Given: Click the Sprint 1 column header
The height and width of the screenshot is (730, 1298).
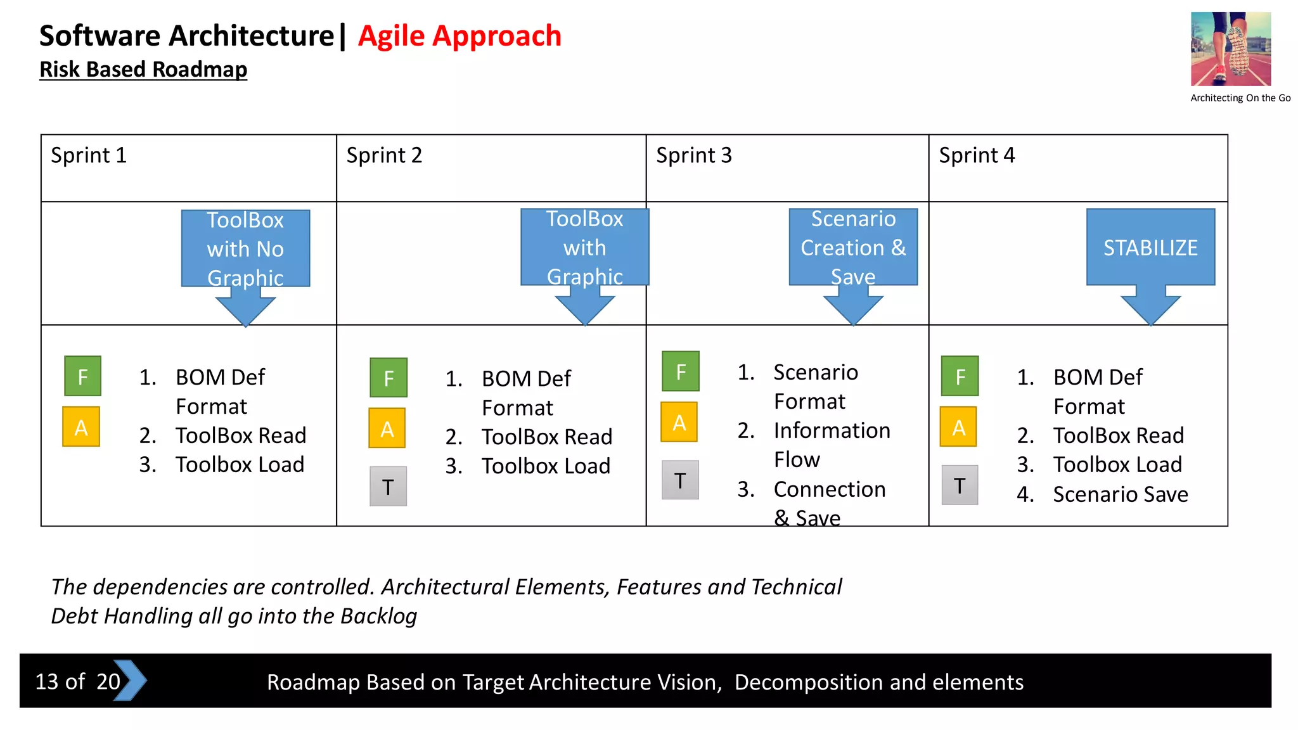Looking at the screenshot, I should click(89, 155).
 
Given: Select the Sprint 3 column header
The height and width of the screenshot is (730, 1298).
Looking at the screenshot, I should click(693, 155).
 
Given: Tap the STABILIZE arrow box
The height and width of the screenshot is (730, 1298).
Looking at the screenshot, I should click(1150, 248).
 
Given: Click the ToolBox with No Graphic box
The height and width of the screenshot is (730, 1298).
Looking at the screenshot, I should click(245, 248).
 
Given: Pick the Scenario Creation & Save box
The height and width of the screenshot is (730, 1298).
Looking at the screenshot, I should click(853, 247).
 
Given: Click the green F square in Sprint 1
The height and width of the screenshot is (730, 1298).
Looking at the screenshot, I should click(82, 376).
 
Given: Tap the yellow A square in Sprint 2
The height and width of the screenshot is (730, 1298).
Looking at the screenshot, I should click(387, 428).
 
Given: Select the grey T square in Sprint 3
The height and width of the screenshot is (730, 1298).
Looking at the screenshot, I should click(680, 480).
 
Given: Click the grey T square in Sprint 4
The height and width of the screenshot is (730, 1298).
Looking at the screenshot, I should click(960, 485).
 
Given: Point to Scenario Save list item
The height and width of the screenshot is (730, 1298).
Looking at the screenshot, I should click(1120, 494).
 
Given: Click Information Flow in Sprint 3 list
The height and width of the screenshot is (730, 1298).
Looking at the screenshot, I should click(831, 444).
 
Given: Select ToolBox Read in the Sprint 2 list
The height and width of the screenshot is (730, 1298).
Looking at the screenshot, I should click(546, 437).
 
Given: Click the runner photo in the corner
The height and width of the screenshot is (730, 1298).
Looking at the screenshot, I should click(1230, 49).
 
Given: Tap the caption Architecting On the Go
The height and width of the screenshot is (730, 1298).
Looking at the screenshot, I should click(1240, 98).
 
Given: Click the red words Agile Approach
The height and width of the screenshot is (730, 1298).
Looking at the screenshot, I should click(459, 36).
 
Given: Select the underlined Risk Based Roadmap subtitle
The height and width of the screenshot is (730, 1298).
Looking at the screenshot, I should click(143, 69).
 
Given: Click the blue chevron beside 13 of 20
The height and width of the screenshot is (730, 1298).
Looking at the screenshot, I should click(130, 681).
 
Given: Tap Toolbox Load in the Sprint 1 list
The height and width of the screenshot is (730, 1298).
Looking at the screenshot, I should click(240, 464).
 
